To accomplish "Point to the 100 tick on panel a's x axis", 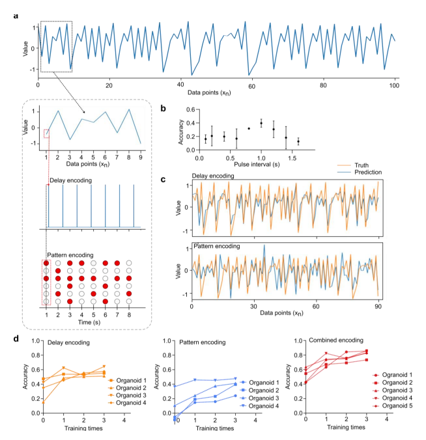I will [394, 86].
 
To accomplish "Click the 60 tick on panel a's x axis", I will [251, 86].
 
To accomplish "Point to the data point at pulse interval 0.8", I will [249, 128].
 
